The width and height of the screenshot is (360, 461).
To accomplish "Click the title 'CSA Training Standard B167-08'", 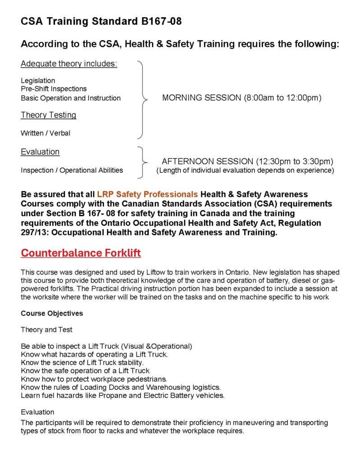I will click(x=101, y=21).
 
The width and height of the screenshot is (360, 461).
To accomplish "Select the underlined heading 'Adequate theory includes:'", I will click(x=69, y=63).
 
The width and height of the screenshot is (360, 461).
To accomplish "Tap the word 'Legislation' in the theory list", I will click(x=38, y=81).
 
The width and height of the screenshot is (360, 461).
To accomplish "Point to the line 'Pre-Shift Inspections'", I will click(x=54, y=89).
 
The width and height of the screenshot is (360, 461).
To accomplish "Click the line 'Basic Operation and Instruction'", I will click(x=71, y=98).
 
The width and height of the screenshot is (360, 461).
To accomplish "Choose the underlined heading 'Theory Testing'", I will click(x=48, y=115).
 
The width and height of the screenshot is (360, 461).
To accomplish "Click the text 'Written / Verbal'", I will click(x=46, y=133).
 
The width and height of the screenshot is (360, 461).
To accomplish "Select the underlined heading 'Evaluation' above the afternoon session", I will click(x=40, y=152).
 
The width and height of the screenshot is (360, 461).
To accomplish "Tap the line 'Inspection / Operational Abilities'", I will click(x=72, y=170).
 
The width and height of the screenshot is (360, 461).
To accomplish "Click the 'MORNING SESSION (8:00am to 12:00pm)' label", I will click(x=242, y=98).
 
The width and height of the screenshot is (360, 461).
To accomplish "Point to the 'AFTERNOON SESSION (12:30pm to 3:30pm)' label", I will click(x=247, y=161).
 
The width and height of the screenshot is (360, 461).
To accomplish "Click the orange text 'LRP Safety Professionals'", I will click(x=147, y=194).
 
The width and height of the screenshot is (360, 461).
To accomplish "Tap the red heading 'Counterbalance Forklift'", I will click(x=81, y=253).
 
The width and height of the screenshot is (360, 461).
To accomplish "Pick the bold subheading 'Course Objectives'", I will click(x=52, y=313).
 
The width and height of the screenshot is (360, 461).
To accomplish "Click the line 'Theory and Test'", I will click(x=46, y=330).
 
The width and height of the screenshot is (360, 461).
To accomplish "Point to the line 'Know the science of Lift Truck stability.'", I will click(x=82, y=362).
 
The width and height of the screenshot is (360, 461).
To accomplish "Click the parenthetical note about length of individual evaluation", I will click(x=245, y=171).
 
